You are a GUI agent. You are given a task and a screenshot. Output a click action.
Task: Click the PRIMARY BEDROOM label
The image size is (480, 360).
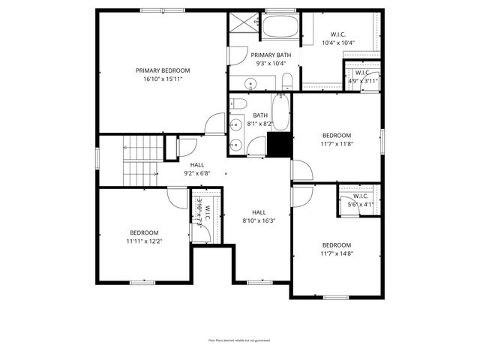tap(163, 70)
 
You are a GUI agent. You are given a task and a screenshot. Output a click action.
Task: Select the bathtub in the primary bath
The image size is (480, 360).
tap(279, 28)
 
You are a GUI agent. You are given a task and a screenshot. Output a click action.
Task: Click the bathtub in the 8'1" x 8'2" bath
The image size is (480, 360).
tap(279, 112)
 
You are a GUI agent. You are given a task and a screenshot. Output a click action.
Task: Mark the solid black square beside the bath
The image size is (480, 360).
tap(279, 145)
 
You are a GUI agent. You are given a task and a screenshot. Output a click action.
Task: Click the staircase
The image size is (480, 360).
tap(139, 160)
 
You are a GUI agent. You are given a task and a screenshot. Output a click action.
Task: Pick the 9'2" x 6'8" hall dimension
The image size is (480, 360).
tap(197, 173)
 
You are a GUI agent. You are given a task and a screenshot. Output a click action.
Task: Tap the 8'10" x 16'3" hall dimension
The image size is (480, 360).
tap(259, 220)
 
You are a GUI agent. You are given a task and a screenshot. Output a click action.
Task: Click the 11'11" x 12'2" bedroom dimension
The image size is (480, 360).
tap(144, 241)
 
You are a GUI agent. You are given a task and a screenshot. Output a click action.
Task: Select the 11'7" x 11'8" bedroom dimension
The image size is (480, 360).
tap(337, 145)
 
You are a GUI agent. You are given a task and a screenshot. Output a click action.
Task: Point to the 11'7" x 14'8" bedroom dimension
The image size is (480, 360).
tap(337, 254)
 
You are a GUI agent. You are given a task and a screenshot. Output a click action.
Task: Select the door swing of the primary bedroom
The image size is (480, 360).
tap(215, 124)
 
